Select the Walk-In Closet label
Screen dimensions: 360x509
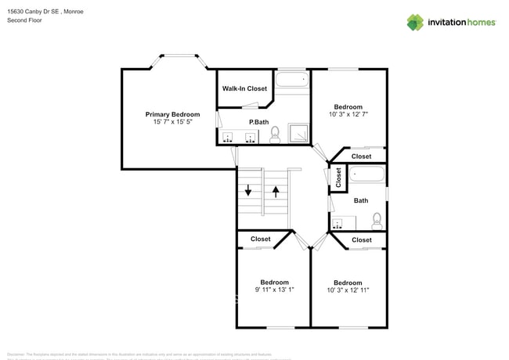[244, 88]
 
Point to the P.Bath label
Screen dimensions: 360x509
[259, 122]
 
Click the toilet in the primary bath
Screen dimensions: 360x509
[275, 137]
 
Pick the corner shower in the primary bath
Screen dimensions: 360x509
[298, 134]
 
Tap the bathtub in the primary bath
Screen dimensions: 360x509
[293, 79]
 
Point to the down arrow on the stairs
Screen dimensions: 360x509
[248, 190]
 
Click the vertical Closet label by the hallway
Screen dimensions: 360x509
[338, 178]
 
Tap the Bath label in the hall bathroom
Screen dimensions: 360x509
[361, 201]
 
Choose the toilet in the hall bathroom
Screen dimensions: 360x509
[377, 219]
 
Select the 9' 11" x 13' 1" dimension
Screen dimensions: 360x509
[275, 290]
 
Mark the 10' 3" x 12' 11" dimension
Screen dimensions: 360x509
[348, 290]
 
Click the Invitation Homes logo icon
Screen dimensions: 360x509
[414, 22]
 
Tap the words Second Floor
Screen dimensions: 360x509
[24, 20]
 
